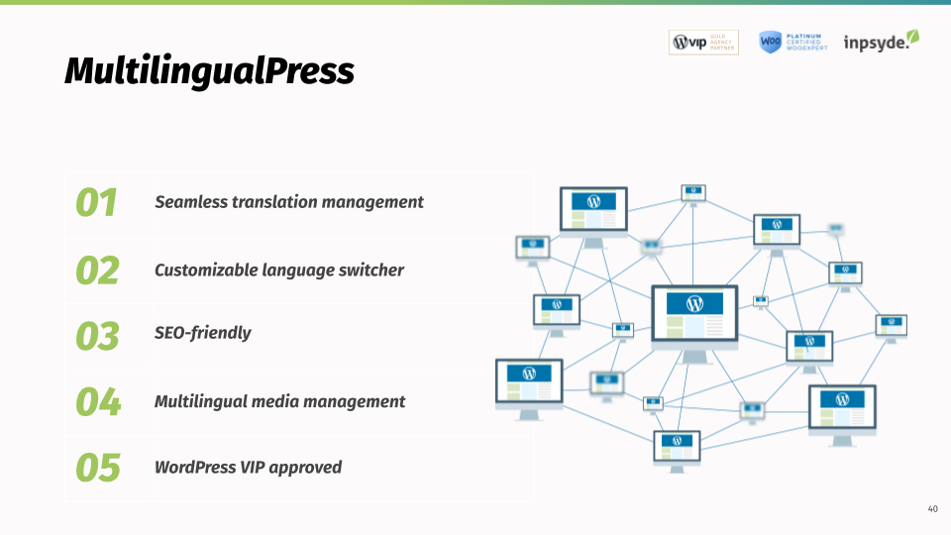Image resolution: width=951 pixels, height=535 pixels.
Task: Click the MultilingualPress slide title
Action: (209, 70)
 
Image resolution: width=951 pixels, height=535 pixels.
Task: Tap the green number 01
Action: (97, 202)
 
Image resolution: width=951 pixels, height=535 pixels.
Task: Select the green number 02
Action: (97, 269)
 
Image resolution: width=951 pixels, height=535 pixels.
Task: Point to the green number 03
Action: (97, 336)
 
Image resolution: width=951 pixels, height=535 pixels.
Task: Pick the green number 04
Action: (98, 401)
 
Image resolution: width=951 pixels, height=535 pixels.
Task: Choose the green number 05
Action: (98, 467)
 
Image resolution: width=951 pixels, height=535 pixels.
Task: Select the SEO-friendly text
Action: (203, 333)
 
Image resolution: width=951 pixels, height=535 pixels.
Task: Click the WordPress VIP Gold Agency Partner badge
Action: (703, 42)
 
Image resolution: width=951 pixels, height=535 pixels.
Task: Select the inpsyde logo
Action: (881, 42)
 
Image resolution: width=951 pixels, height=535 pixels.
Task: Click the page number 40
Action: (932, 509)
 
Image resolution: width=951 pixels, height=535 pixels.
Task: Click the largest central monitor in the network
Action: (694, 316)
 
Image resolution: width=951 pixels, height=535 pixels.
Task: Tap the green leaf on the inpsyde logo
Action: (913, 36)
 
